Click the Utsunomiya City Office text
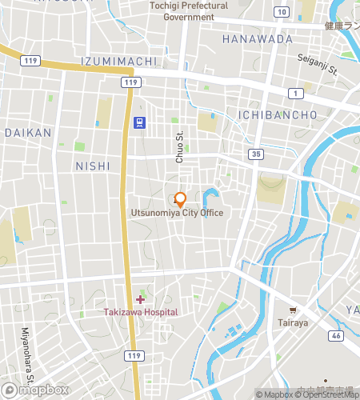pos(178,213)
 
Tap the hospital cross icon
pos(141,299)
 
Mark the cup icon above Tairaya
pos(294,310)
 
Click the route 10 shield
pos(281,11)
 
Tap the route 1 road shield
pos(296,94)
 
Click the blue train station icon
pos(140,122)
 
